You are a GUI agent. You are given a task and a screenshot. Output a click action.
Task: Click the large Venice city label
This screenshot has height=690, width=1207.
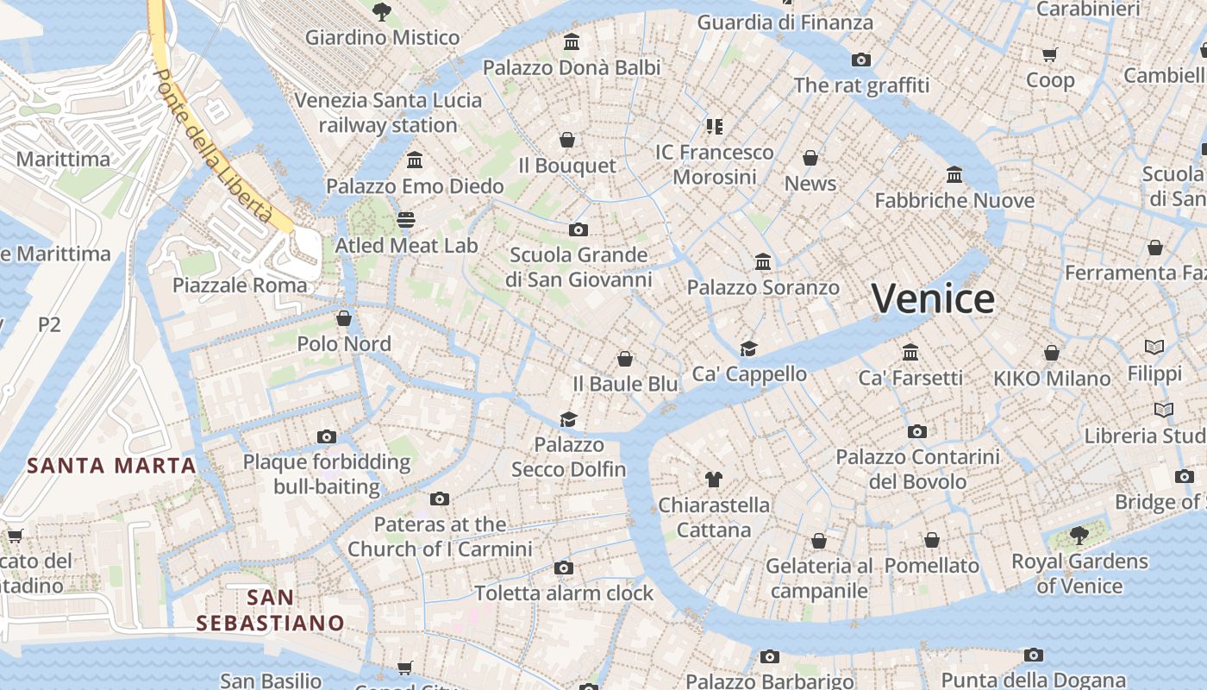click(933, 299)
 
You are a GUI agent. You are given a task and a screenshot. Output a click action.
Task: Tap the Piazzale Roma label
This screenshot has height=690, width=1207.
click(240, 285)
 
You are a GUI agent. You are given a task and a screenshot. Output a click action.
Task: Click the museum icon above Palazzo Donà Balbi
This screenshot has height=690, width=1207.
click(571, 41)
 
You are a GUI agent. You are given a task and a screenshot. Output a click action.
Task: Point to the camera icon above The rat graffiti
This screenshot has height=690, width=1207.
click(860, 60)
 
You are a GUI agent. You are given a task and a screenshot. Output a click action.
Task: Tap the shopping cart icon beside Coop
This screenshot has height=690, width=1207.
click(1049, 55)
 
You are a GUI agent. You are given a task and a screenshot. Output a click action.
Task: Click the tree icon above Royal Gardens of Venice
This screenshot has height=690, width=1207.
click(1079, 536)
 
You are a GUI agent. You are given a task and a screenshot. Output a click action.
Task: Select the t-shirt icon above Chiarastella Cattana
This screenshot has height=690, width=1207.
click(713, 479)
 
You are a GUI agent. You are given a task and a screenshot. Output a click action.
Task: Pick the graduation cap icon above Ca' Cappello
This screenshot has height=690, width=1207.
click(748, 348)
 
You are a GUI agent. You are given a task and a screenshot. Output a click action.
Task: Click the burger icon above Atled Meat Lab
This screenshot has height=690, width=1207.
click(406, 220)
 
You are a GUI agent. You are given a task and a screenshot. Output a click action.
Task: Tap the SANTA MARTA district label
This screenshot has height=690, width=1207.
click(111, 467)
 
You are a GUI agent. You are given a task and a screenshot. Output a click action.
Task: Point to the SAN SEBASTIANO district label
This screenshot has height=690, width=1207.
click(270, 610)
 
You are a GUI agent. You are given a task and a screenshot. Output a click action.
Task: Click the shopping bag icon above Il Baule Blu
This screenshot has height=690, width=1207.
click(625, 359)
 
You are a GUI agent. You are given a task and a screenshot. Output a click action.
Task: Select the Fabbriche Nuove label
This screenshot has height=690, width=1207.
click(954, 201)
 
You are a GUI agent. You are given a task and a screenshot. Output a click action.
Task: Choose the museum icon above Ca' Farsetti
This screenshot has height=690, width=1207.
click(910, 352)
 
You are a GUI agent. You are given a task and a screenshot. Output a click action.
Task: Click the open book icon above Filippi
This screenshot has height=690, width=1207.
click(1154, 347)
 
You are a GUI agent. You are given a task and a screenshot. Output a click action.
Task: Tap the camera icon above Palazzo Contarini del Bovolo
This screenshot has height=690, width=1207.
click(917, 431)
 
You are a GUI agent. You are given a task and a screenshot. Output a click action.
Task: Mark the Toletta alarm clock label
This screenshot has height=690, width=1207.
click(564, 593)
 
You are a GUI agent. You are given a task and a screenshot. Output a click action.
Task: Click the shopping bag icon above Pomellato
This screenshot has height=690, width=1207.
click(932, 540)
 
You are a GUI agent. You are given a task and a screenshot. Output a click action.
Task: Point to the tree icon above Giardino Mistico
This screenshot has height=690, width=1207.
click(381, 12)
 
